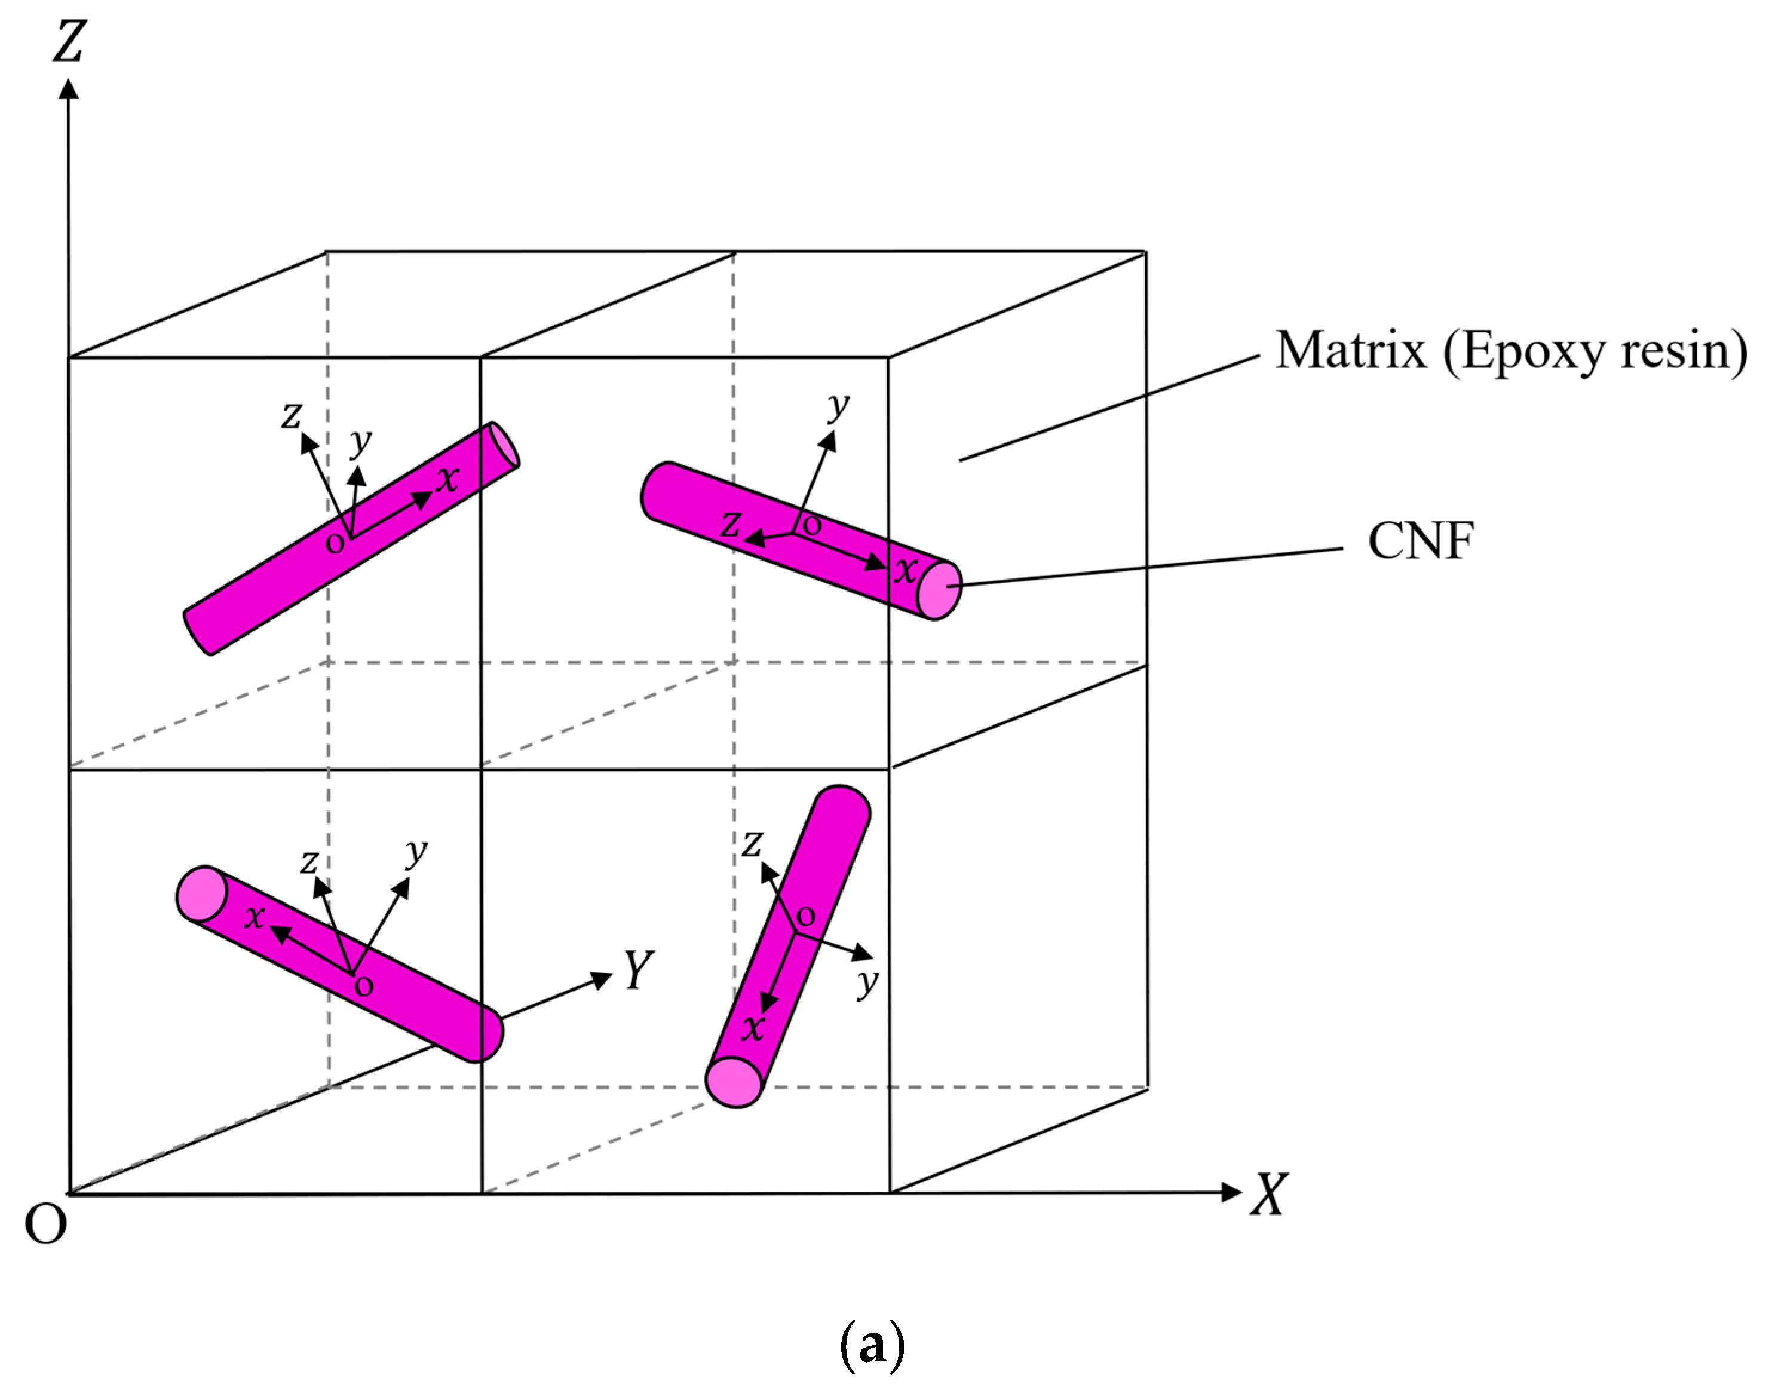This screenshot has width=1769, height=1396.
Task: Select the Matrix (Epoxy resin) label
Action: [x=1511, y=351]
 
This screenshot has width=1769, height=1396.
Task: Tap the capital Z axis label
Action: [x=69, y=41]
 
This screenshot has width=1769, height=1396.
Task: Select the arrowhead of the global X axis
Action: [x=1231, y=1192]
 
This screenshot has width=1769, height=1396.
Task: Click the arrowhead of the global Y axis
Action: [x=602, y=978]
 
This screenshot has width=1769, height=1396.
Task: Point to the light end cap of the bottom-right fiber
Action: [x=734, y=1081]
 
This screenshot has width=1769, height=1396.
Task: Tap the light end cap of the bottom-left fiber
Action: [x=201, y=893]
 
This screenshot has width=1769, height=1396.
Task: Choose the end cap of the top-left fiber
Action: [x=505, y=445]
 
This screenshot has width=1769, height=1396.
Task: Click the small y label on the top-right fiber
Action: [x=838, y=404]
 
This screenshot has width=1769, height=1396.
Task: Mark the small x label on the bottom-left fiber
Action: [x=255, y=917]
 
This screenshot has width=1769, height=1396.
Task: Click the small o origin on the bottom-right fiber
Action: [x=806, y=917]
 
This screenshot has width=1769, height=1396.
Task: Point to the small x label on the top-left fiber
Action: [x=447, y=478]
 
